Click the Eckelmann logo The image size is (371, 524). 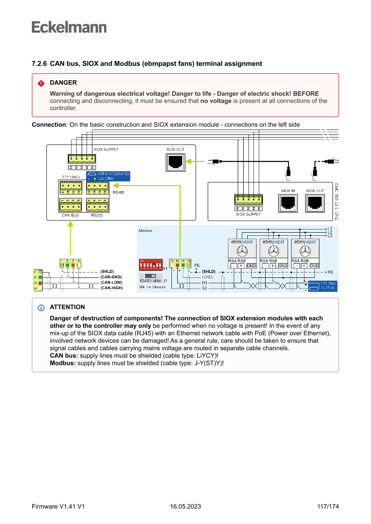[69, 27]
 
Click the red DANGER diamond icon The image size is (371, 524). [41, 83]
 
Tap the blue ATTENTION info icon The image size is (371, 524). [41, 307]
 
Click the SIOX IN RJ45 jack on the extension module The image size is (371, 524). [288, 203]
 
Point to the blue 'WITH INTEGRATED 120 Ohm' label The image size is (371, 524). [108, 176]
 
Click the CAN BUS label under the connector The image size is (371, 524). [70, 215]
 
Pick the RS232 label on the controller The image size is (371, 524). [97, 215]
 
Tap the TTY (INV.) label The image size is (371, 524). [70, 177]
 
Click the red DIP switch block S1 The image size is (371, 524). [151, 264]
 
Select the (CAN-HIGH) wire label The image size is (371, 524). [111, 288]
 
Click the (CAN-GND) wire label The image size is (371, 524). [111, 277]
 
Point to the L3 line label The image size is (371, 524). [330, 235]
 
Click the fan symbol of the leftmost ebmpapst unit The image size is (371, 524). [242, 251]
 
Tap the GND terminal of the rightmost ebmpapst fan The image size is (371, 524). [314, 266]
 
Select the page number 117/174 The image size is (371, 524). [327, 507]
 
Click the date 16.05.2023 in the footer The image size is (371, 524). [185, 507]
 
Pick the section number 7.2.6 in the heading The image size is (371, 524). [39, 64]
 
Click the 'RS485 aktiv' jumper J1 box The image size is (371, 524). [151, 278]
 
